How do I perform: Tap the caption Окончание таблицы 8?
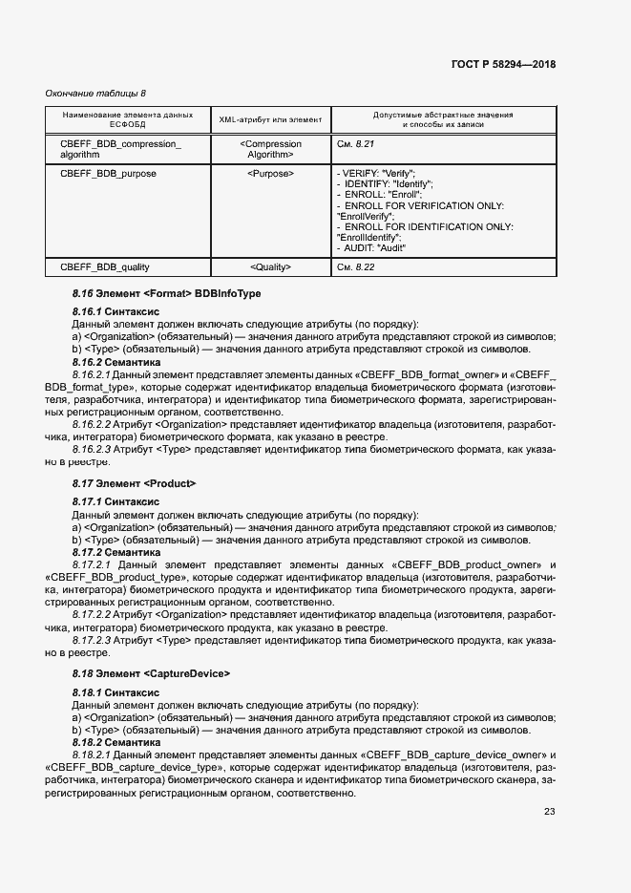pos(95,93)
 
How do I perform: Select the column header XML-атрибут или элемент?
pos(270,119)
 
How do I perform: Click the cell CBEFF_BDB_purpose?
pos(108,174)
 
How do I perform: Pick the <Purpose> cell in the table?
pos(270,174)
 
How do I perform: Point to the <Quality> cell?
pos(270,267)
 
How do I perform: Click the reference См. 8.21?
pos(356,144)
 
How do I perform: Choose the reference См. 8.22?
pos(356,267)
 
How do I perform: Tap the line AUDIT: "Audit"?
pos(373,247)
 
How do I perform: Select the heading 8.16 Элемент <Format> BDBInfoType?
pos(166,295)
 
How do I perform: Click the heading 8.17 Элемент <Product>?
pos(134,484)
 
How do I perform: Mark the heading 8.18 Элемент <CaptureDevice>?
pos(151,673)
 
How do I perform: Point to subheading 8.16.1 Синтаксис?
pos(116,311)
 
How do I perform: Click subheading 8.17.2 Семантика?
pos(116,552)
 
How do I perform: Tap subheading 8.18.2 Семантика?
pos(116,741)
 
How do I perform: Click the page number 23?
pos(549,812)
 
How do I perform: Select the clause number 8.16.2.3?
pos(95,448)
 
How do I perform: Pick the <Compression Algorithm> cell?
pos(270,149)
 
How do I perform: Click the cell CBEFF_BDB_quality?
pos(104,267)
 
